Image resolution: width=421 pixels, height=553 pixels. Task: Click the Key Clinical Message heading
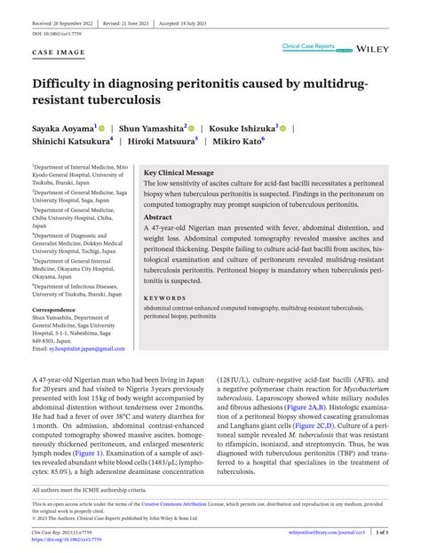point(179,172)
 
